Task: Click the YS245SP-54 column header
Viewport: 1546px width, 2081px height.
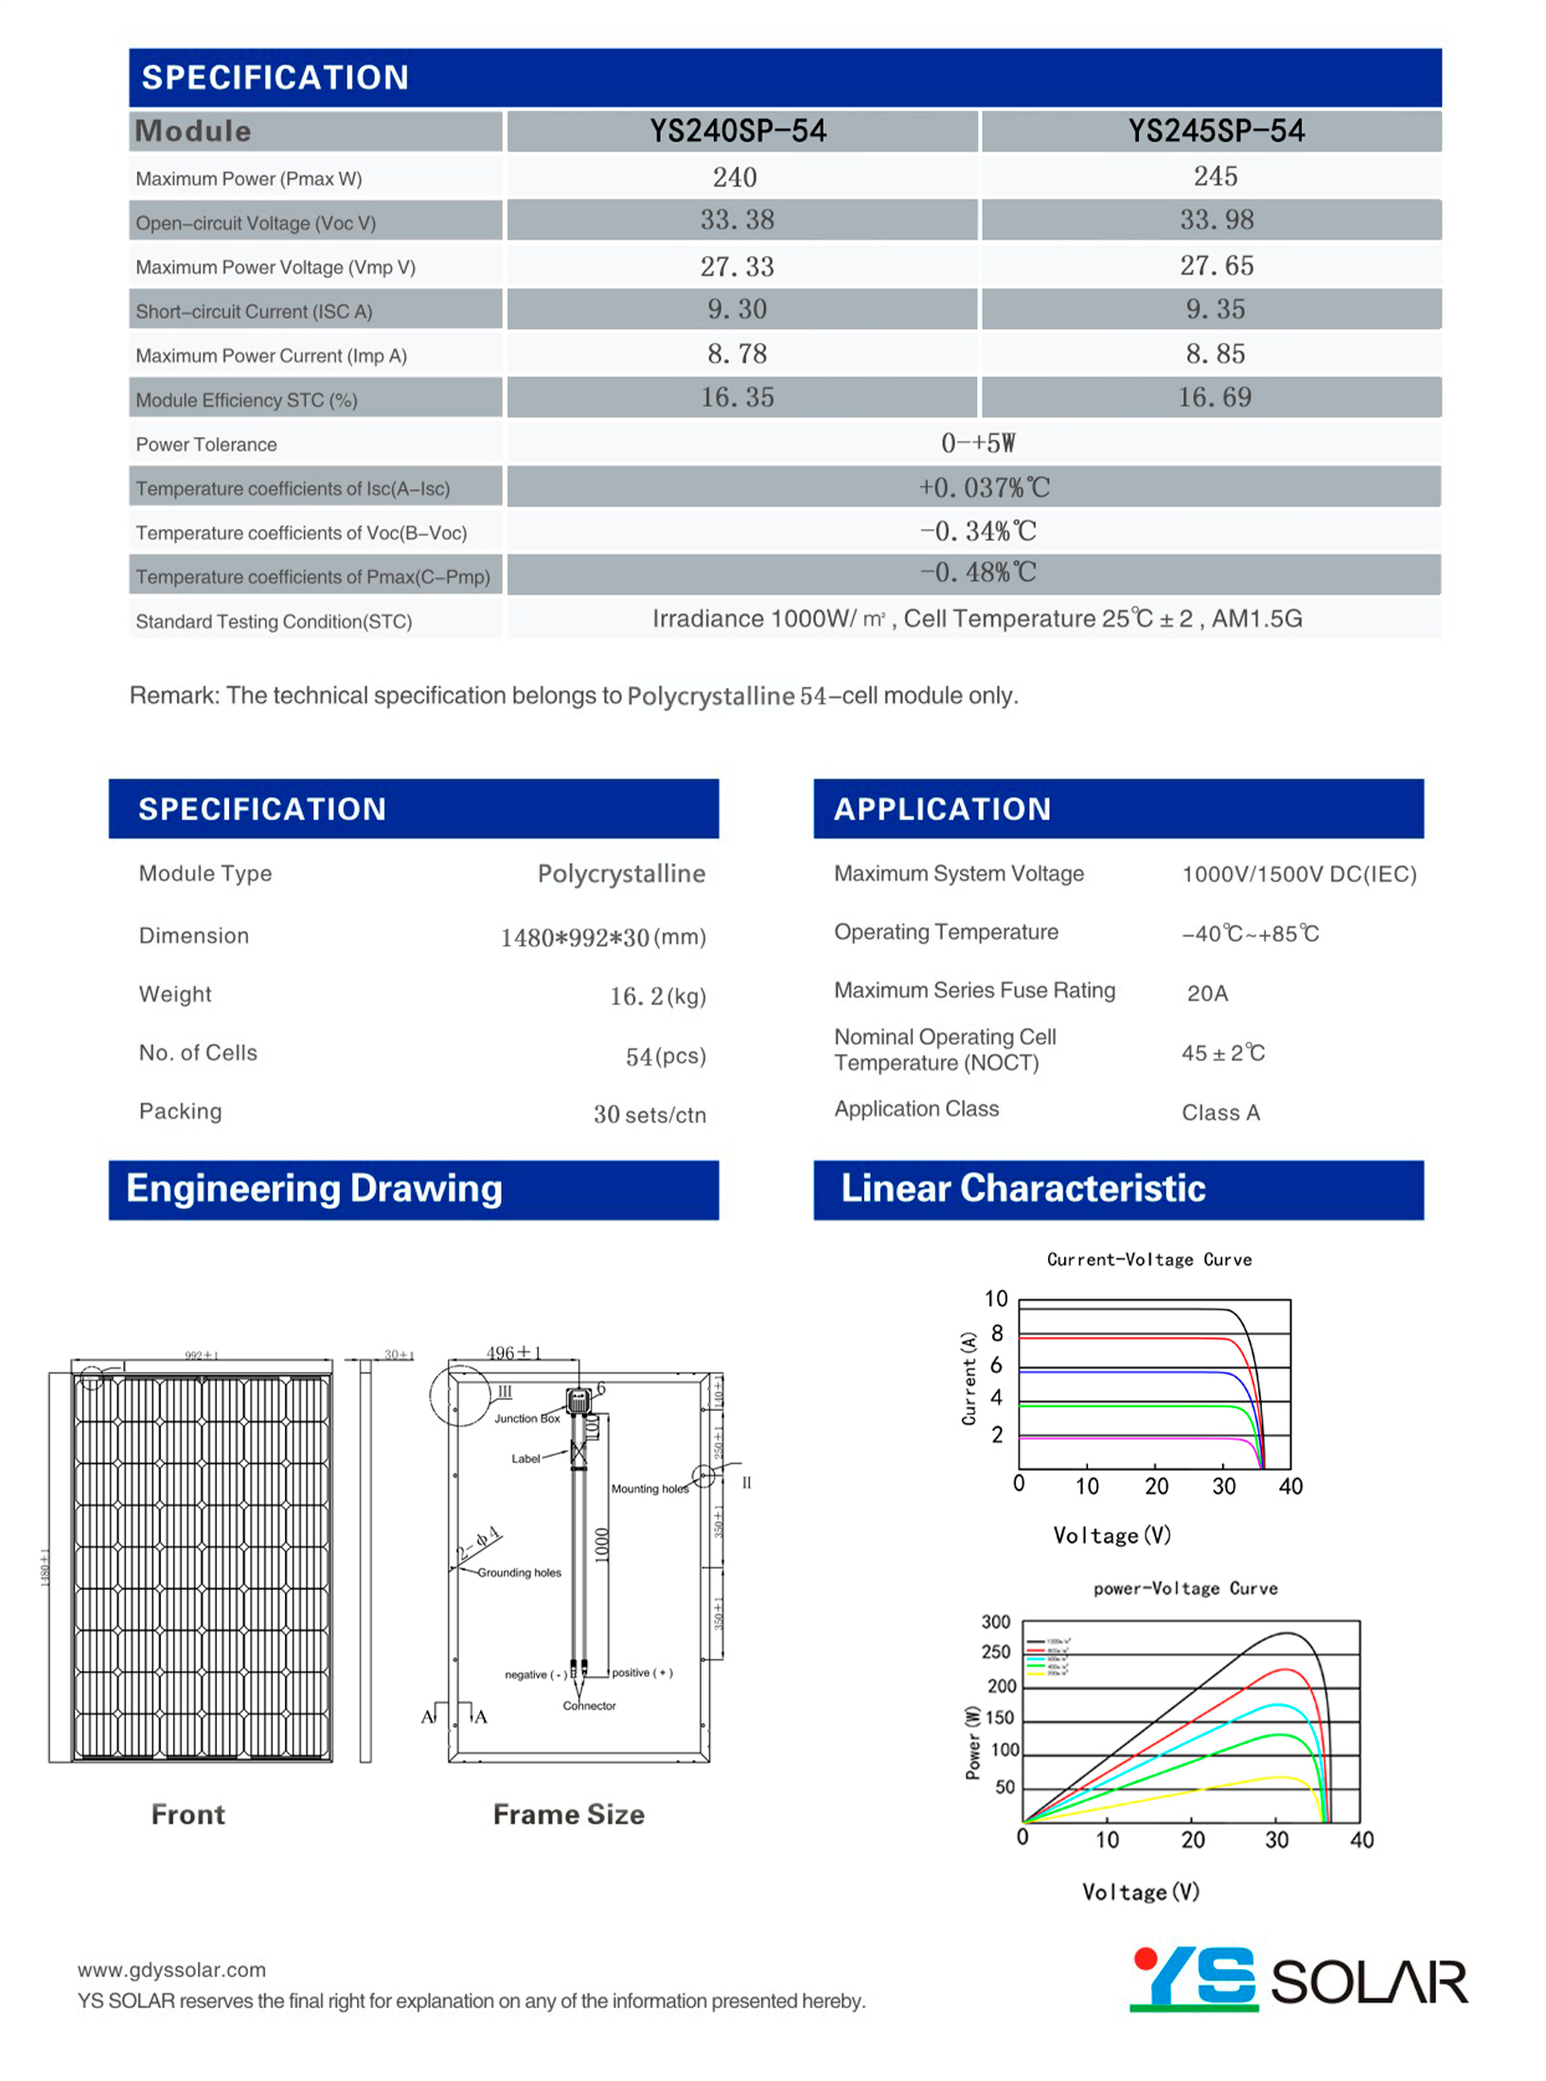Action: [x=1215, y=131]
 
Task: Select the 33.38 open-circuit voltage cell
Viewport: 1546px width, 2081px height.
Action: [x=737, y=220]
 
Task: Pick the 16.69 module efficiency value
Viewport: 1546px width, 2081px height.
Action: [x=1214, y=397]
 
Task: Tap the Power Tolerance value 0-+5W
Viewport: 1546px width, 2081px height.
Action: [x=977, y=443]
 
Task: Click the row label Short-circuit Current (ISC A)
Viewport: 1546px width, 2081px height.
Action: [x=254, y=311]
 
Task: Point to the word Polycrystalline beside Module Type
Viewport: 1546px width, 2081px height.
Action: [x=620, y=873]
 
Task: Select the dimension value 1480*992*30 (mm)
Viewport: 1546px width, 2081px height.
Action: [x=602, y=937]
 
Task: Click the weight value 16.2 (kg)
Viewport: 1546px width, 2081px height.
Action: [x=657, y=996]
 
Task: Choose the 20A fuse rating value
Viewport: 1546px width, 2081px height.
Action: [x=1206, y=993]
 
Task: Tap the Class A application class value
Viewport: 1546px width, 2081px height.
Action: [x=1219, y=1112]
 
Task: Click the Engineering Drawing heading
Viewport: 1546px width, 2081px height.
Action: [x=313, y=1189]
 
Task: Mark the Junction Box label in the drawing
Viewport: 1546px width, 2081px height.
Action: [x=526, y=1418]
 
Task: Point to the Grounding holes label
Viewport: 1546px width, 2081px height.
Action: [x=519, y=1572]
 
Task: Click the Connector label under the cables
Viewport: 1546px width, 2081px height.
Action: [x=589, y=1705]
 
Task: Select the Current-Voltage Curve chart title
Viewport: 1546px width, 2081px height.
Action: [x=1148, y=1259]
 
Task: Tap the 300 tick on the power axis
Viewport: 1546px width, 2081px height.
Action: [x=995, y=1622]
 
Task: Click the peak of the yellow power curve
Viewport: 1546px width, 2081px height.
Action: [x=1280, y=1776]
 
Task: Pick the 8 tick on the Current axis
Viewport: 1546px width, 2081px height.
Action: [x=996, y=1333]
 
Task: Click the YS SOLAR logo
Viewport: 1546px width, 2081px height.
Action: [x=1297, y=1980]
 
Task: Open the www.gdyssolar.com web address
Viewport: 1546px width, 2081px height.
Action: [x=171, y=1969]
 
